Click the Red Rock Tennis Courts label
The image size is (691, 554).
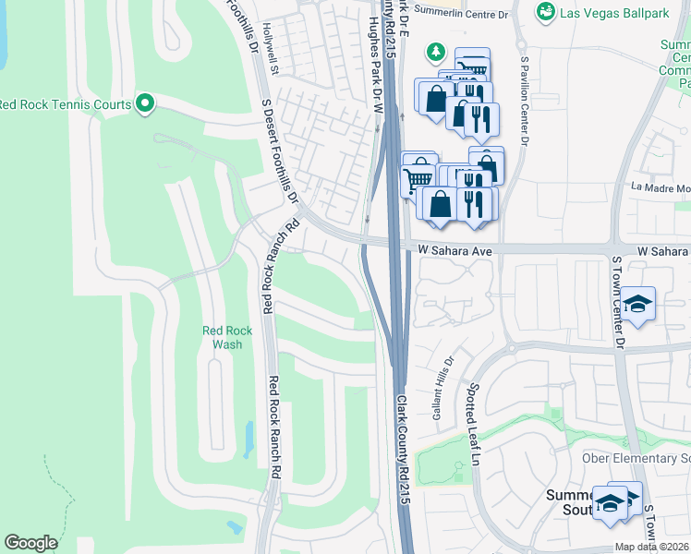65,104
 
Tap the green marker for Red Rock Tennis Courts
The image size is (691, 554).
144,103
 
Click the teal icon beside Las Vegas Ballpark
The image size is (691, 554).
547,11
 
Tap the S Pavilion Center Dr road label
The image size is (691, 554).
524,102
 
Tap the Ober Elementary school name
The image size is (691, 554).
636,459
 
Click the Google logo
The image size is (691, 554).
30,542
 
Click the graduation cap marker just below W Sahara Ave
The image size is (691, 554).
637,304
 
